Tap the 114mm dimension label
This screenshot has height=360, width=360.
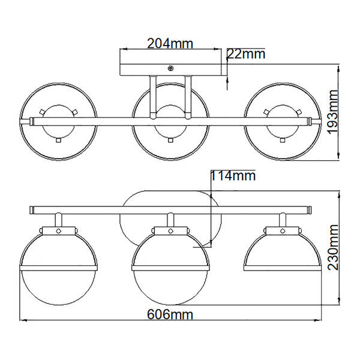[233, 176]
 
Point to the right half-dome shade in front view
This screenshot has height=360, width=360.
[281, 252]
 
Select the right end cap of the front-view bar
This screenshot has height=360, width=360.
[310, 210]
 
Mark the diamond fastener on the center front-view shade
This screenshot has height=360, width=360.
[171, 230]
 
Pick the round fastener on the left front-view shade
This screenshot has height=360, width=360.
[59, 230]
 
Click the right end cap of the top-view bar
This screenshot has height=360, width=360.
[313, 122]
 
